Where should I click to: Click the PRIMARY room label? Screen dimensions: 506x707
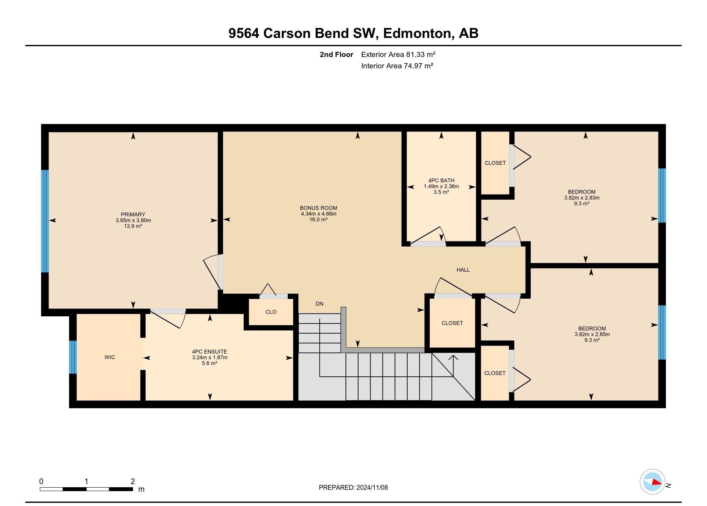tap(133, 214)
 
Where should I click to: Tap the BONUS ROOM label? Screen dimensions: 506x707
tap(318, 208)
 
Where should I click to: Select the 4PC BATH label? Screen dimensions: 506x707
tap(441, 181)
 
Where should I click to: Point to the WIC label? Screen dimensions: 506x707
tap(110, 357)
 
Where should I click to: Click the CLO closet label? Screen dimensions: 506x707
tap(271, 312)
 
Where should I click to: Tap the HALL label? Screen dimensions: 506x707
tap(463, 270)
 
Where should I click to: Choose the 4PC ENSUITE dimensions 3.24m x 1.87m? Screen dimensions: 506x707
tap(210, 357)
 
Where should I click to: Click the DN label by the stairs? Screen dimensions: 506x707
tap(319, 304)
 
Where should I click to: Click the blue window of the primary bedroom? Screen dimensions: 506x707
tap(45, 221)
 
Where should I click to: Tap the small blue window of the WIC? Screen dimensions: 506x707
tap(73, 357)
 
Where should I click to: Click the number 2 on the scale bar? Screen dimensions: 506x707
tap(133, 481)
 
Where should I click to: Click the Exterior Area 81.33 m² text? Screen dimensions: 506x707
tap(398, 55)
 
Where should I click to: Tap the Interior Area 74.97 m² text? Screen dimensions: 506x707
tap(397, 66)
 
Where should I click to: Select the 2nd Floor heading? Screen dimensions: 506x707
tap(336, 55)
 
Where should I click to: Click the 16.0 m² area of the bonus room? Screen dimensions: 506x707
tap(318, 220)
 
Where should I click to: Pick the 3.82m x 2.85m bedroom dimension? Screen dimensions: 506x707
tap(592, 334)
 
